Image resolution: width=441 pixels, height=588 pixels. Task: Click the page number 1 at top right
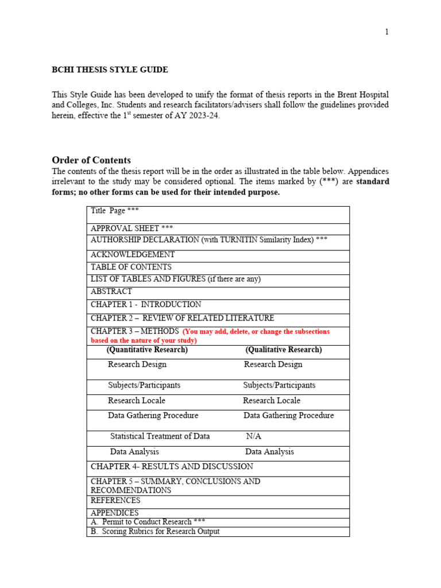point(386,32)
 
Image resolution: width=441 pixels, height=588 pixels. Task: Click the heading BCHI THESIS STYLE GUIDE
point(110,70)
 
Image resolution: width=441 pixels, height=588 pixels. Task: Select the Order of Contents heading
point(91,160)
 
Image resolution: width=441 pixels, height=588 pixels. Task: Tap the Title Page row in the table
point(115,211)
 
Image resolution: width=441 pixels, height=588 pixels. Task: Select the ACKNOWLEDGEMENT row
point(133,254)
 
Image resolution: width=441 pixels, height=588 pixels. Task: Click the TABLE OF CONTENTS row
point(131,267)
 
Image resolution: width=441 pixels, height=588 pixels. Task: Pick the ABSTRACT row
point(111,292)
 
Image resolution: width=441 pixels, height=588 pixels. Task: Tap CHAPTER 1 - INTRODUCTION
point(146,305)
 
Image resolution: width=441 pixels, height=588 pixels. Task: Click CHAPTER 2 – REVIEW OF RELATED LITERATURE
point(182,318)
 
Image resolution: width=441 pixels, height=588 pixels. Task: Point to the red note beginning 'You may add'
point(256,332)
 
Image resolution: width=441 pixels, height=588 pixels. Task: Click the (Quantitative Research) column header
point(147,350)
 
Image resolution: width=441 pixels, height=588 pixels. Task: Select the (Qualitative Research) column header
point(283,350)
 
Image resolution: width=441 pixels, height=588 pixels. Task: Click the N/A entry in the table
point(253,436)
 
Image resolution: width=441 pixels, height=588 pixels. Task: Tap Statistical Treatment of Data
point(160,436)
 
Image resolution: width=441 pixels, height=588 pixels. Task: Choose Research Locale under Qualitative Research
point(272,401)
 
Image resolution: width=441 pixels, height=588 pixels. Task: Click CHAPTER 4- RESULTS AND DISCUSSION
point(172,467)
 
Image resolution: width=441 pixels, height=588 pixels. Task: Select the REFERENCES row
point(115,501)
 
